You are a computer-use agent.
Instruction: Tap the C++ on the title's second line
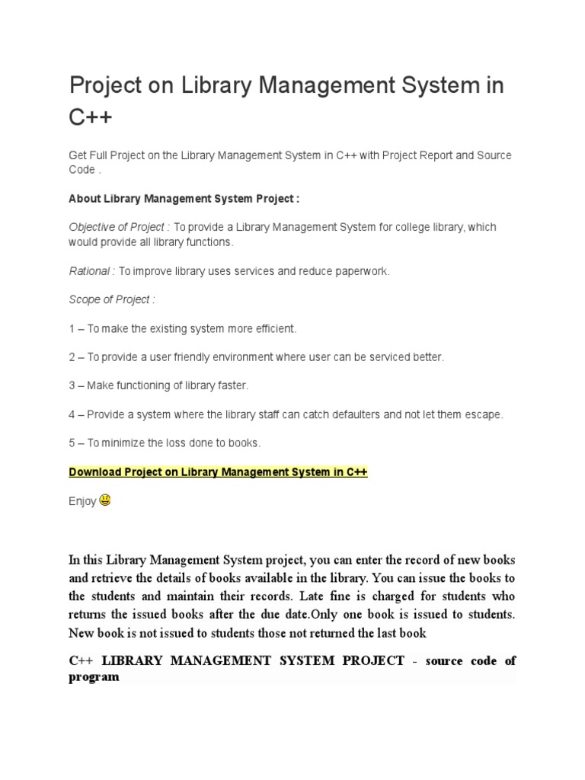(91, 118)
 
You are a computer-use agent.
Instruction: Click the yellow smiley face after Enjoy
(105, 500)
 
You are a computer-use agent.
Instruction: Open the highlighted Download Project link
(218, 472)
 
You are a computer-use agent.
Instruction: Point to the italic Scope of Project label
(111, 300)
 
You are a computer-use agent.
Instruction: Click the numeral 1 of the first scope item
(72, 328)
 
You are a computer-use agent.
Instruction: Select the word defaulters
(351, 415)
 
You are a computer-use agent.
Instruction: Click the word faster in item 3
(232, 386)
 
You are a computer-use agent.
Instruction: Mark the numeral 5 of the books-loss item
(72, 443)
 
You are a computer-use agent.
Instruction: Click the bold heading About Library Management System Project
(184, 199)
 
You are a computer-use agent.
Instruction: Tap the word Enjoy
(82, 501)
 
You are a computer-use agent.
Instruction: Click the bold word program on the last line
(94, 676)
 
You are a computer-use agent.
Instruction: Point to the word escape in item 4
(485, 415)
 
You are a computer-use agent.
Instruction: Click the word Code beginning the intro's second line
(82, 171)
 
